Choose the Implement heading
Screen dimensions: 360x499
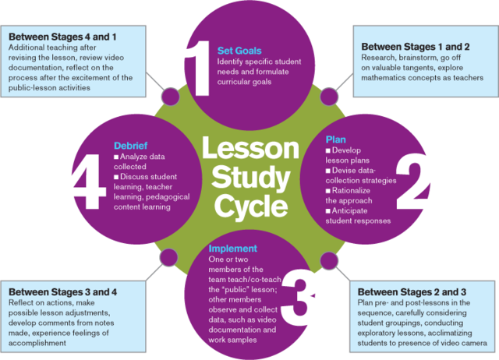(x=233, y=249)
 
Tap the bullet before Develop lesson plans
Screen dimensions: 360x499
(x=328, y=150)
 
